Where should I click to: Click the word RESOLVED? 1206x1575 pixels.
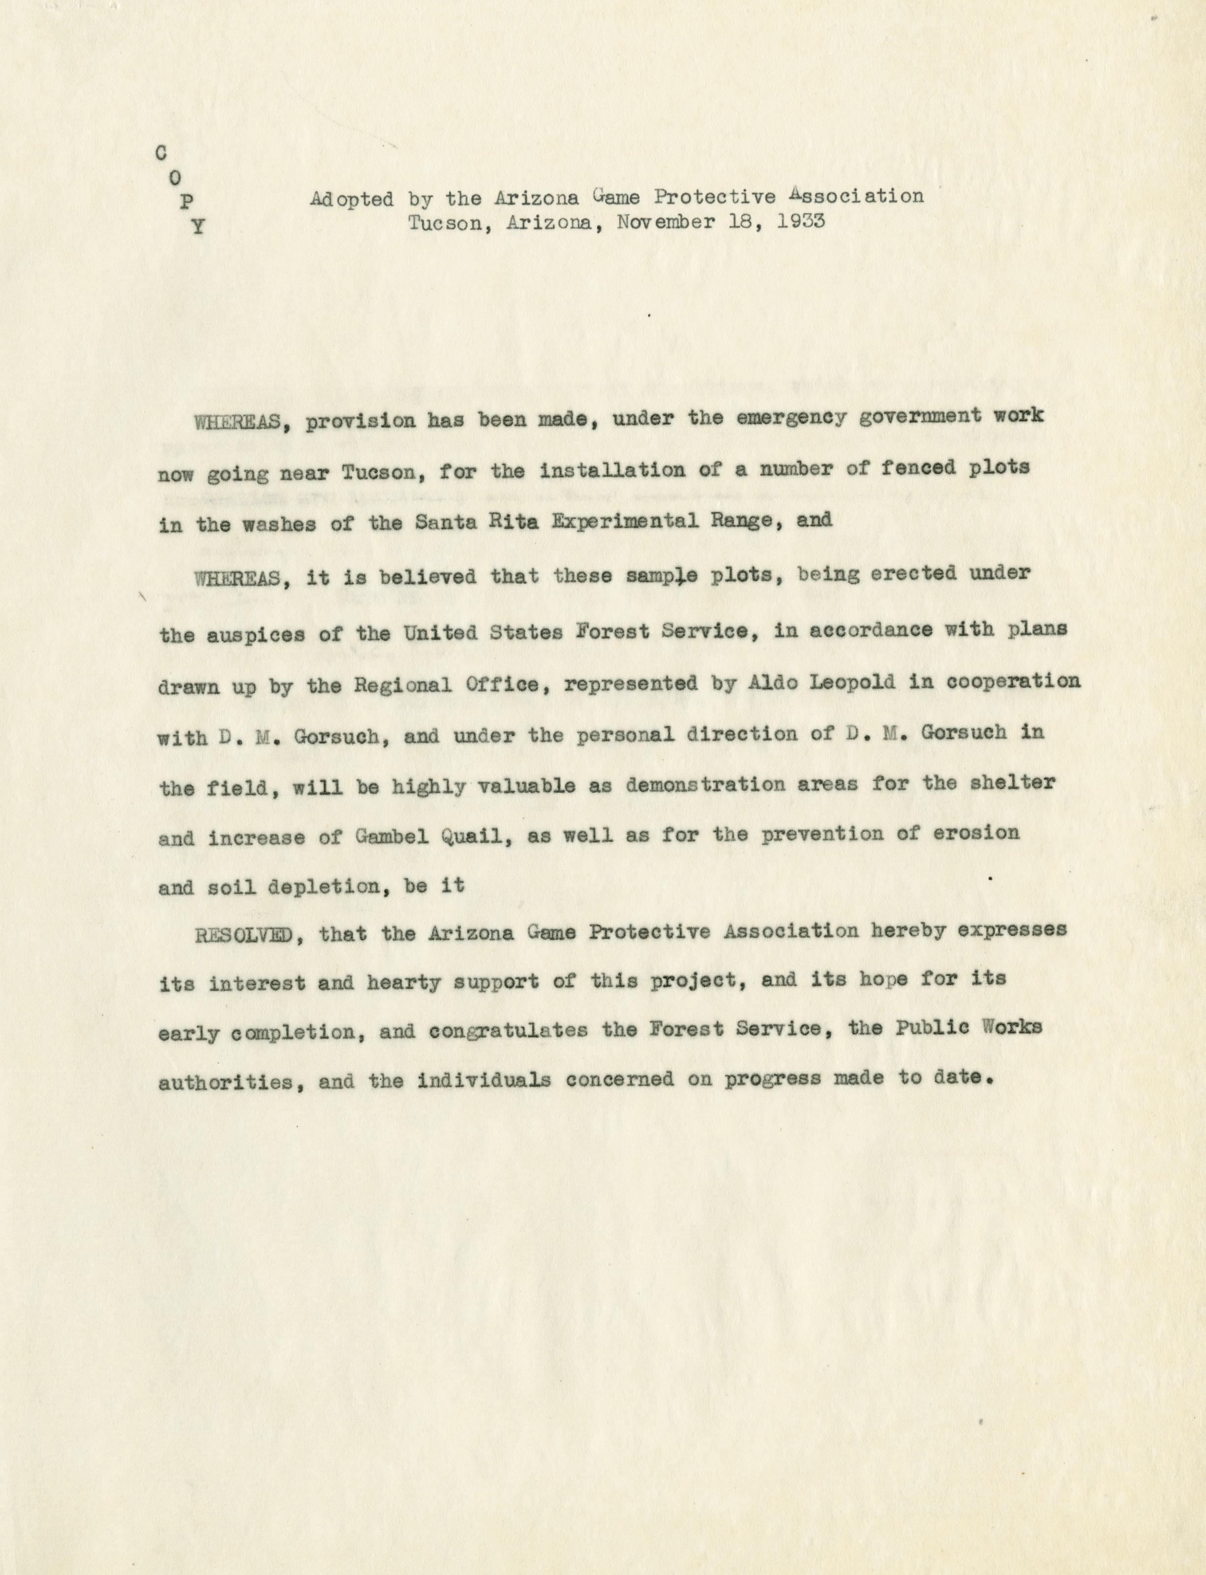(x=243, y=934)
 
